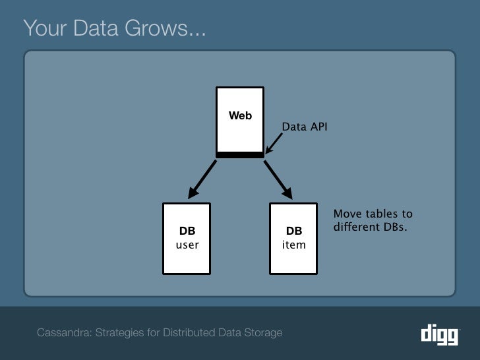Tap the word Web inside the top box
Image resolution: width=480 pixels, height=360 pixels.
tap(240, 116)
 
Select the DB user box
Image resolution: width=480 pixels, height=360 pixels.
tap(187, 238)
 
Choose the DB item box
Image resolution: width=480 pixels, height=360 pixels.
tap(293, 238)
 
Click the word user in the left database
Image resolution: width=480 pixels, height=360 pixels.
tap(187, 245)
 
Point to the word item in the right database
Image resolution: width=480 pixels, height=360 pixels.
tap(293, 245)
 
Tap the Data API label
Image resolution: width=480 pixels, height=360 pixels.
tap(304, 126)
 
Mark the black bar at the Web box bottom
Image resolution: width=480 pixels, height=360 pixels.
tap(240, 155)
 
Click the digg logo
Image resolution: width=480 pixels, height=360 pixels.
tap(439, 334)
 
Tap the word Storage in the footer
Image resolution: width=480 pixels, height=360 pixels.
tap(263, 332)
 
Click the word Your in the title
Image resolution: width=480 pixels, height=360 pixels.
tap(42, 28)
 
